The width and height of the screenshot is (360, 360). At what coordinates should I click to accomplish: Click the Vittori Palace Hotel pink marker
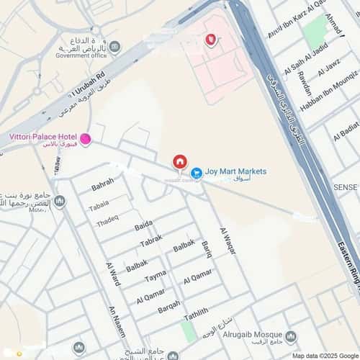pyautogui.click(x=85, y=139)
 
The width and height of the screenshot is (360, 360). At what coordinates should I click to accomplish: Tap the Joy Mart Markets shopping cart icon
pyautogui.click(x=196, y=172)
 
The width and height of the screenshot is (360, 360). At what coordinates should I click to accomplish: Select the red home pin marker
pyautogui.click(x=180, y=163)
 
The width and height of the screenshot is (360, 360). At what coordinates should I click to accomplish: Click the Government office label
pyautogui.click(x=81, y=55)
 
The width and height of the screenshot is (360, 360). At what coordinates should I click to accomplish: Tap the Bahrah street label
pyautogui.click(x=102, y=184)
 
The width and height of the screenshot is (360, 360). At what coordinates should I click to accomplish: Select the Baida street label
pyautogui.click(x=144, y=227)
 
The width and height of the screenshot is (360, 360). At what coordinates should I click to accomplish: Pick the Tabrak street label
pyautogui.click(x=151, y=241)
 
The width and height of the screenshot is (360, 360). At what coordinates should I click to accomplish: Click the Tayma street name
pyautogui.click(x=155, y=276)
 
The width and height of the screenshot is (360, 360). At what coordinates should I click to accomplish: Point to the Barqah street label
pyautogui.click(x=169, y=307)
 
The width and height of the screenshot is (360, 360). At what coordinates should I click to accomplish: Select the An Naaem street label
pyautogui.click(x=117, y=321)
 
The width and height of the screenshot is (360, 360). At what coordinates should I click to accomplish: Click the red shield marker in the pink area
pyautogui.click(x=210, y=40)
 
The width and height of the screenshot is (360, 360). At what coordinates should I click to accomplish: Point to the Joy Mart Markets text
pyautogui.click(x=235, y=171)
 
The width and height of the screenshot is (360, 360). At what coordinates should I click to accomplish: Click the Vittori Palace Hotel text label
pyautogui.click(x=42, y=137)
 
